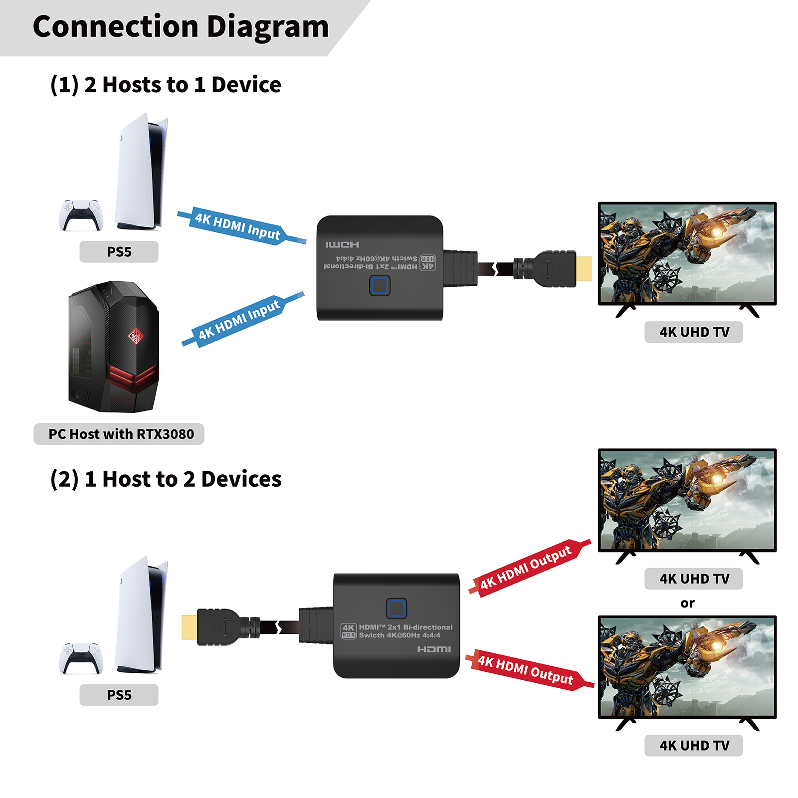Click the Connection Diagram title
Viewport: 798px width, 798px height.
pyautogui.click(x=181, y=27)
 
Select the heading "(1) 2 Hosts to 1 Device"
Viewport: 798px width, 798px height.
pyautogui.click(x=166, y=85)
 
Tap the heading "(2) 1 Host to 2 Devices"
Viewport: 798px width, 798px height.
pyautogui.click(x=166, y=479)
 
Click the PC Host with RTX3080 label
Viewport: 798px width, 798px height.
pyautogui.click(x=119, y=434)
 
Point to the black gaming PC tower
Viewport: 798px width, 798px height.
pyautogui.click(x=114, y=347)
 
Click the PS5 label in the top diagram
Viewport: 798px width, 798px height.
pyautogui.click(x=119, y=252)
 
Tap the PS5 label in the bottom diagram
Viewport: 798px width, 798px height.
pyautogui.click(x=119, y=695)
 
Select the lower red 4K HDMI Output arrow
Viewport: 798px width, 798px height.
pyautogui.click(x=527, y=670)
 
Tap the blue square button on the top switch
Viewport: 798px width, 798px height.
pyautogui.click(x=380, y=286)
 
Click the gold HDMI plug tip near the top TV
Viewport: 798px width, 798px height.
pyautogui.click(x=584, y=268)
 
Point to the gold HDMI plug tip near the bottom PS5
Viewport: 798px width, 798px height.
pyautogui.click(x=189, y=627)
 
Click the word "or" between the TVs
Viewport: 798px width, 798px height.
pyautogui.click(x=687, y=603)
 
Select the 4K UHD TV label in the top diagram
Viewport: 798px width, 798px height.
pyautogui.click(x=694, y=332)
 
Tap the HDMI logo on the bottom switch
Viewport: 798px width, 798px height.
pyautogui.click(x=434, y=649)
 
